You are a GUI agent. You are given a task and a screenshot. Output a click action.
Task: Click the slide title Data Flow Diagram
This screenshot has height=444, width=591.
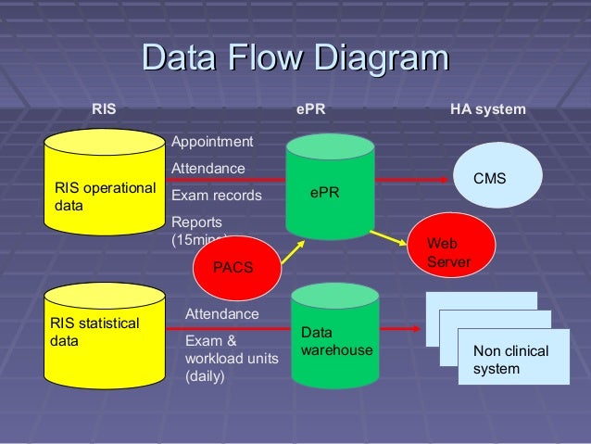pyautogui.click(x=295, y=58)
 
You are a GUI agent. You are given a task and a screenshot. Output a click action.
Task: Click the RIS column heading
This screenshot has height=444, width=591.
pyautogui.click(x=104, y=109)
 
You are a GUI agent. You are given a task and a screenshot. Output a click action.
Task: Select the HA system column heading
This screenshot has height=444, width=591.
pyautogui.click(x=487, y=109)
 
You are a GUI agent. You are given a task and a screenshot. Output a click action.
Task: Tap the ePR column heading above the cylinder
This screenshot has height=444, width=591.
pyautogui.click(x=310, y=109)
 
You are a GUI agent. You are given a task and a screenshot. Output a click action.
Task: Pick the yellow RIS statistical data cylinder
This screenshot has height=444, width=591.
pyautogui.click(x=105, y=338)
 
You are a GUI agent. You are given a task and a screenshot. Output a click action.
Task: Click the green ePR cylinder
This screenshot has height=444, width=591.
pyautogui.click(x=330, y=190)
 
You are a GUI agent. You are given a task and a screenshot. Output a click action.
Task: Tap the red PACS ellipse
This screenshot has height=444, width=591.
pyautogui.click(x=233, y=267)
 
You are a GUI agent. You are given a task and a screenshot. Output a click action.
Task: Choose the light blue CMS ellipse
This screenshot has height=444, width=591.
pyautogui.click(x=489, y=177)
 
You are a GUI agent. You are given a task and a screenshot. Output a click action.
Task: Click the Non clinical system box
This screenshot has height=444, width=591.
pyautogui.click(x=513, y=359)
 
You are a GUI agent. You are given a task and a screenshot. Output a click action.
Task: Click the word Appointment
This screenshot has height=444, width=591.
pyautogui.click(x=212, y=142)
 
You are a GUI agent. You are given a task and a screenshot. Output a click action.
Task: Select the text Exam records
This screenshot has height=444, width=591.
pyautogui.click(x=217, y=196)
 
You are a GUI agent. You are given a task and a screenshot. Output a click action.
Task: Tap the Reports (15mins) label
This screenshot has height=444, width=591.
pyautogui.click(x=199, y=230)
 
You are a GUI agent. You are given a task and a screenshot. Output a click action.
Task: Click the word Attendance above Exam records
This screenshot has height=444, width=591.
pyautogui.click(x=208, y=169)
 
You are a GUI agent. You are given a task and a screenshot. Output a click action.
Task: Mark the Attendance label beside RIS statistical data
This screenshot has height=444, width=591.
pyautogui.click(x=222, y=314)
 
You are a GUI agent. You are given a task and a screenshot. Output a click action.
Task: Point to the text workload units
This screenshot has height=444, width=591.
pyautogui.click(x=232, y=359)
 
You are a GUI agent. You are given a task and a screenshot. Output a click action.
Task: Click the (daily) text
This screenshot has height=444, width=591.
pyautogui.click(x=205, y=376)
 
